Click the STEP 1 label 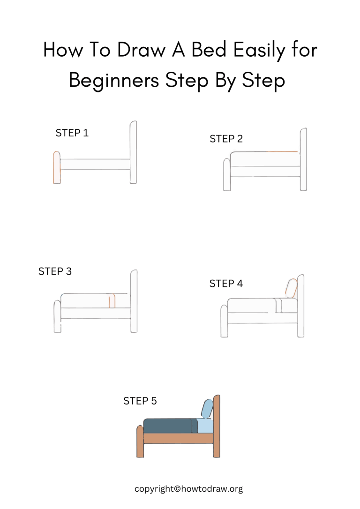72,133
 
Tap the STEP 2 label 226,139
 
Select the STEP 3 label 55,271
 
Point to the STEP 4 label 226,284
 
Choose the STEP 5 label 140,401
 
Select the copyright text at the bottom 188,489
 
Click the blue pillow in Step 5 207,408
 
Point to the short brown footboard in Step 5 140,442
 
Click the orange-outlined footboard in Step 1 57,167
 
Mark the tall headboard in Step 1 133,152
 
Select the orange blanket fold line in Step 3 112,301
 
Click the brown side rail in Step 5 178,438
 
